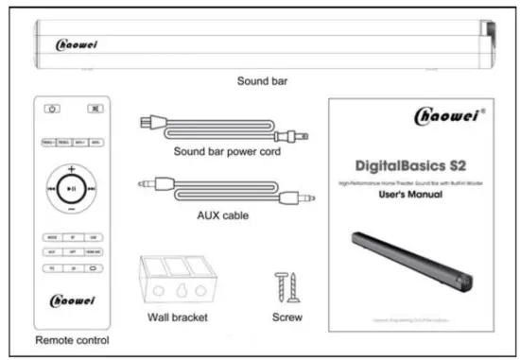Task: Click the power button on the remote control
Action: (52, 109)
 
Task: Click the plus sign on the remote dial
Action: (71, 168)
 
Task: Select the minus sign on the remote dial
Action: (71, 210)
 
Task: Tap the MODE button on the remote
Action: (52, 235)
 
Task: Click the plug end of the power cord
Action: (148, 122)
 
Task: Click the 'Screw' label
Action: (287, 318)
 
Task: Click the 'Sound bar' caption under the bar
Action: (262, 81)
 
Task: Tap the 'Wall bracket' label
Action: (178, 318)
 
